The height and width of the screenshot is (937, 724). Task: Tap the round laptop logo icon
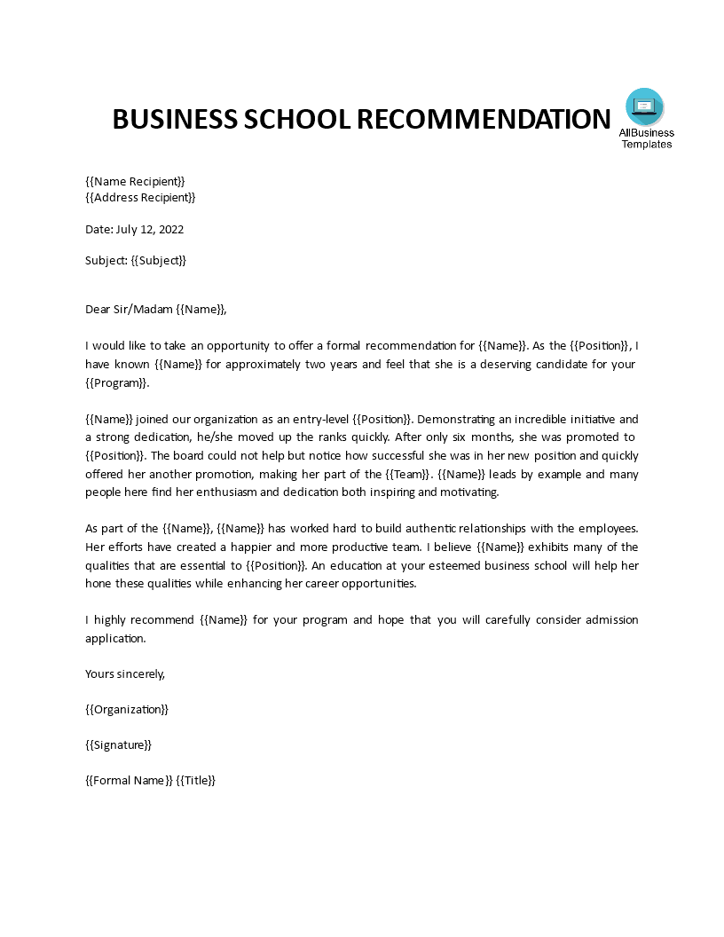644,106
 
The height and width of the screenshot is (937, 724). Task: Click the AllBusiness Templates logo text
646,138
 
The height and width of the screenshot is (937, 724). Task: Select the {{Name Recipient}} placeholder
135,181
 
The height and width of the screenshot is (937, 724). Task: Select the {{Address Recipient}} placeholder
140,197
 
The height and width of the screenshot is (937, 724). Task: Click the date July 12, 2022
150,229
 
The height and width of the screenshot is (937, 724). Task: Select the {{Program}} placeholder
117,382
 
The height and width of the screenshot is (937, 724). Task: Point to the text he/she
226,437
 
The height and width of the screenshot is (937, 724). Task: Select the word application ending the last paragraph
114,638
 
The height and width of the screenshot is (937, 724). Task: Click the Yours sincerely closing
125,673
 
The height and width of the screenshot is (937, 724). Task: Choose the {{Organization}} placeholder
127,709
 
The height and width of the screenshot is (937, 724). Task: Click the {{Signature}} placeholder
118,744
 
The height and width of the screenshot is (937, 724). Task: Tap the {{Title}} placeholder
196,780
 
